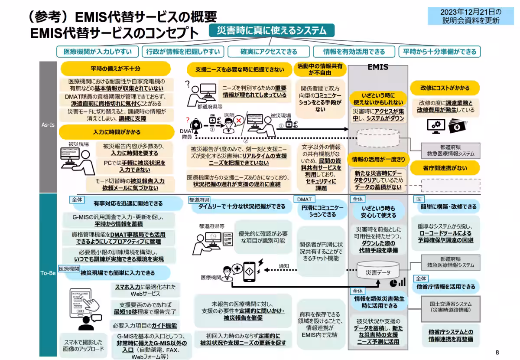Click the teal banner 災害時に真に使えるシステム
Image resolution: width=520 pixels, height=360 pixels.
click(x=272, y=30)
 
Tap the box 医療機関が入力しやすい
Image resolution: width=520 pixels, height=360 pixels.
click(x=97, y=52)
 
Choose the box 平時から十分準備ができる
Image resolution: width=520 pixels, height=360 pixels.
click(x=439, y=52)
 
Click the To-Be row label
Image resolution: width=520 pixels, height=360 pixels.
click(x=48, y=274)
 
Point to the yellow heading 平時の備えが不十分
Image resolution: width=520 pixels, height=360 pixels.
click(x=115, y=69)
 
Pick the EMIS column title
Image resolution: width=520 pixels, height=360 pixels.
click(x=378, y=68)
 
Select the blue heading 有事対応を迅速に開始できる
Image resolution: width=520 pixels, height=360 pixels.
click(x=128, y=203)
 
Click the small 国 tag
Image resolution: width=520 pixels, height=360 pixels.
click(x=419, y=199)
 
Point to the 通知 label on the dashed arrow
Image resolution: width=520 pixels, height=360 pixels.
click(x=284, y=266)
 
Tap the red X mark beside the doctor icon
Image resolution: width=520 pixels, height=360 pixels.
click(x=238, y=121)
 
